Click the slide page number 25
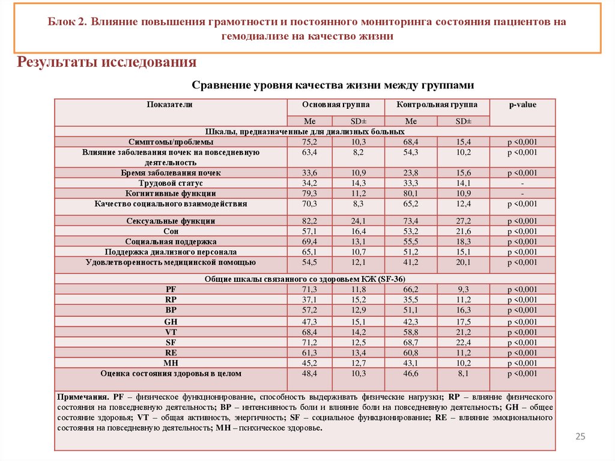(x=580, y=436)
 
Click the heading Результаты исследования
(x=108, y=62)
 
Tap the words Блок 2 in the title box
(x=67, y=22)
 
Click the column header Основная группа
(x=336, y=105)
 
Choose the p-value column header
(x=523, y=105)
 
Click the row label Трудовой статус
(x=171, y=183)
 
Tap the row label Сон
(x=171, y=231)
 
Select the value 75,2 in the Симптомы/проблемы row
(x=309, y=142)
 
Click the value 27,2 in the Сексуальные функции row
(x=463, y=221)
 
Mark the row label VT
(x=171, y=332)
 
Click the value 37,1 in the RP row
(x=309, y=300)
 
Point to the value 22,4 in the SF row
(x=463, y=343)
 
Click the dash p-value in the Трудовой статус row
(x=523, y=183)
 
